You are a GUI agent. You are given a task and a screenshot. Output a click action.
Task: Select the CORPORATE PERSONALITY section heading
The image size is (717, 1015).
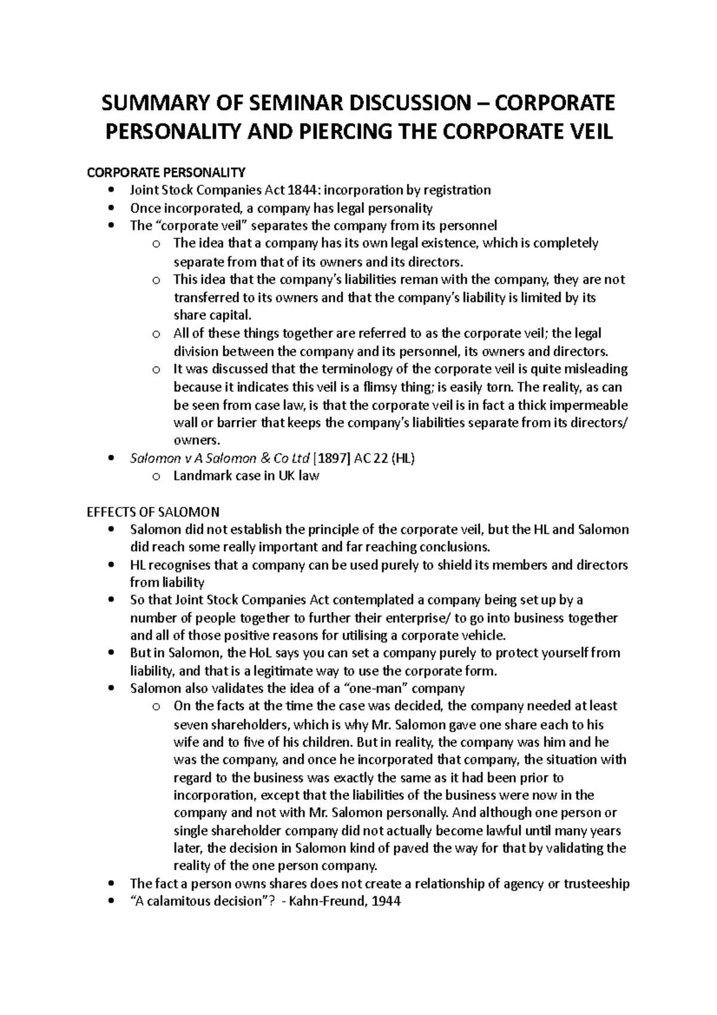click(166, 173)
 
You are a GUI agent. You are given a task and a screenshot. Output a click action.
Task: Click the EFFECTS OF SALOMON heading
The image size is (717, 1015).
click(154, 512)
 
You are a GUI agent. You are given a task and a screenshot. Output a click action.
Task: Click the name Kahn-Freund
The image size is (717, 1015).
click(325, 901)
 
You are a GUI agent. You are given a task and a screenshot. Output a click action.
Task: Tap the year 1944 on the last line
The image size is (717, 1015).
click(386, 901)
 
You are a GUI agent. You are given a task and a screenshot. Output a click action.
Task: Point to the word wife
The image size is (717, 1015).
click(185, 742)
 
